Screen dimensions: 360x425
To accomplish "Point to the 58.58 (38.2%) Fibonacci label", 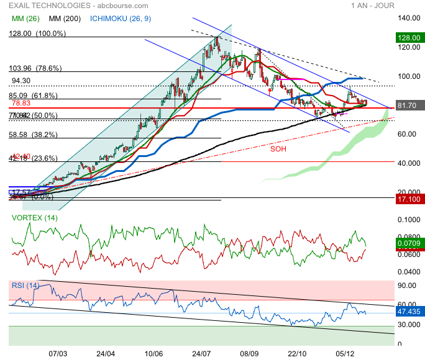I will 33,134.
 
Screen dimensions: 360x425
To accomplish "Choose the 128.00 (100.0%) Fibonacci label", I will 37,34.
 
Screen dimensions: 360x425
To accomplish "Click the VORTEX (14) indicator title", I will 35,218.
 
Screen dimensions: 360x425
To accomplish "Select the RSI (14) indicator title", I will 25,285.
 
